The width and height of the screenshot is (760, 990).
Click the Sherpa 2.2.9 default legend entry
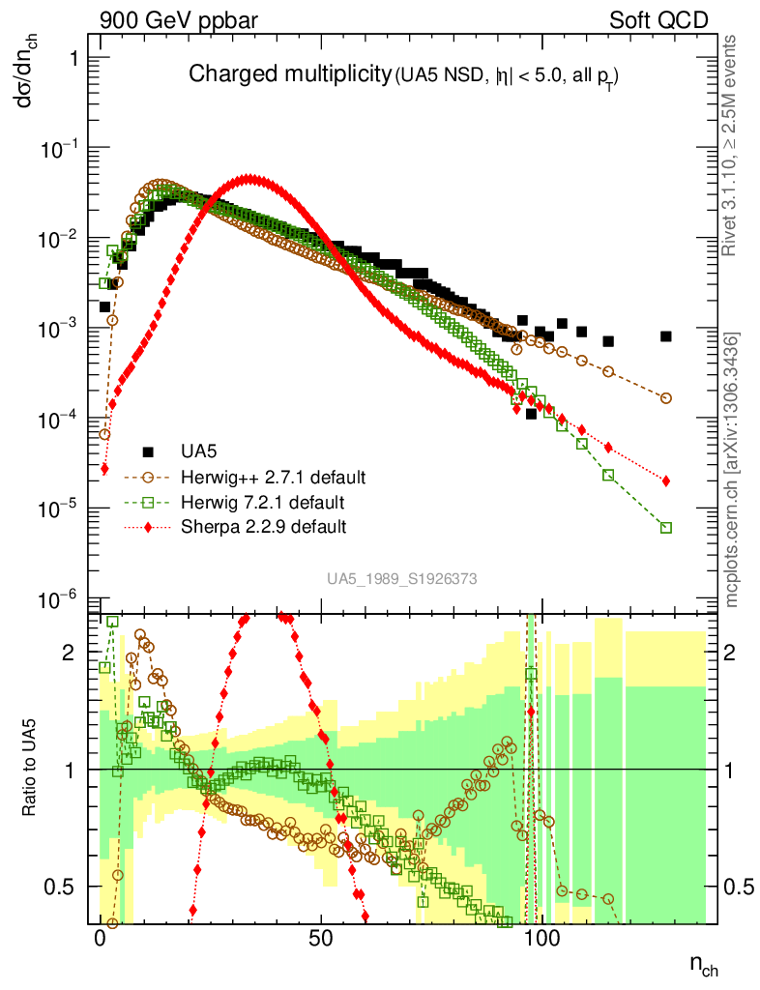pos(263,528)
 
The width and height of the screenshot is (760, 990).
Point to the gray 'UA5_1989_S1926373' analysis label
pos(401,579)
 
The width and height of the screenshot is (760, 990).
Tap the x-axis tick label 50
pos(321,940)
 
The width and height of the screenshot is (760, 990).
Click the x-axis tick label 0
pos(101,940)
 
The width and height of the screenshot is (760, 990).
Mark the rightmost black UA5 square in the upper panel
pos(666,336)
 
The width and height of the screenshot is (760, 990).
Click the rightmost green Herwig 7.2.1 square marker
pos(666,527)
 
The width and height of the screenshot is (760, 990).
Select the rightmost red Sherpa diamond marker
pos(666,480)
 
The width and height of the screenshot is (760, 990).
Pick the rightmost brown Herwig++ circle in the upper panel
pos(666,398)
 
